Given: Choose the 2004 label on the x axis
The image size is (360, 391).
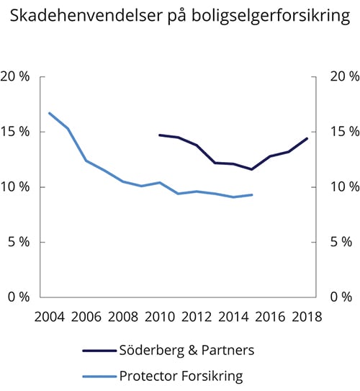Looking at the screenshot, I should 49,316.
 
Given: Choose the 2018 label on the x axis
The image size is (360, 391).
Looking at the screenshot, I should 307,316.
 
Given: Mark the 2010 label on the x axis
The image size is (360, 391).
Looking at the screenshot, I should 160,316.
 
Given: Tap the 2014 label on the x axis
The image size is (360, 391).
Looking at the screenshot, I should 233,316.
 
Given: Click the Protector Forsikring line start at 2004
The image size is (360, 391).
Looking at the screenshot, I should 49,113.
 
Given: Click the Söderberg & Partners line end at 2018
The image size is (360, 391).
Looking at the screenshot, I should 307,138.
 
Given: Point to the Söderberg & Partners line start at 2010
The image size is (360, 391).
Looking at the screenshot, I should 160,135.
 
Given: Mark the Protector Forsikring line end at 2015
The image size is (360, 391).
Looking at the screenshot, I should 252,194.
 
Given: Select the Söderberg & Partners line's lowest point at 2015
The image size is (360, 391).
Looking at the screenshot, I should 252,169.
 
